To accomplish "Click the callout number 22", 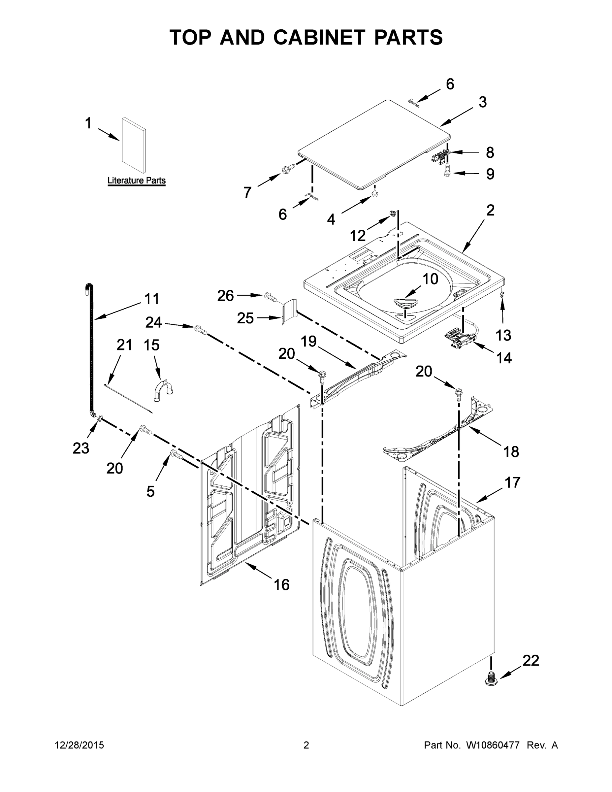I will click(x=531, y=660).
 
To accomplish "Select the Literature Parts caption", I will click(x=136, y=181).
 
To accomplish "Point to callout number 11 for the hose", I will click(x=151, y=299).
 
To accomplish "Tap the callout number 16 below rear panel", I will click(x=281, y=584).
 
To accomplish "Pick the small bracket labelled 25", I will click(x=290, y=312).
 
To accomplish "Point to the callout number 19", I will click(x=308, y=341).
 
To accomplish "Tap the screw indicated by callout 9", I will click(x=447, y=170).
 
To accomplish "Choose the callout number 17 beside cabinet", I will click(x=512, y=483).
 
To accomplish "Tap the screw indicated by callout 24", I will click(x=201, y=330).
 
